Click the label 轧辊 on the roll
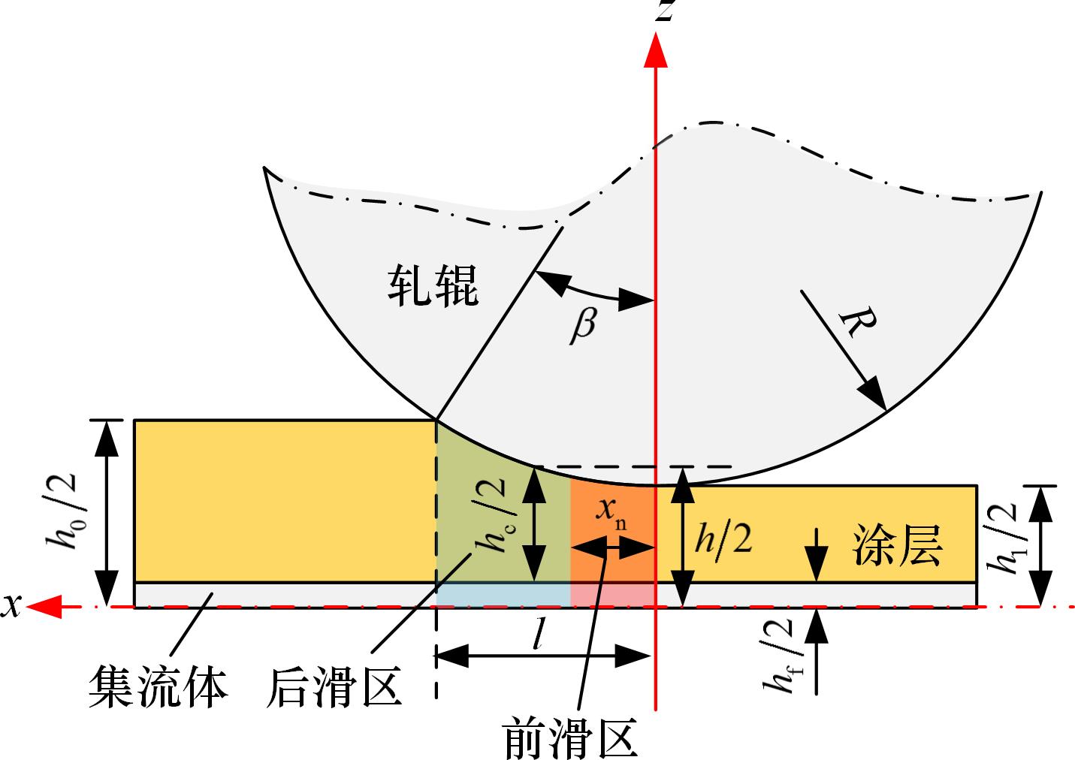(x=433, y=285)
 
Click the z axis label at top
(x=663, y=12)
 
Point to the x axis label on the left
(x=11, y=605)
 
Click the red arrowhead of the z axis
(x=657, y=51)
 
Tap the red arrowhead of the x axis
(x=47, y=606)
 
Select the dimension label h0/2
(x=74, y=514)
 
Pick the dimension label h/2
(x=723, y=538)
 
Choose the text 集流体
(x=157, y=685)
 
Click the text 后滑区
(x=334, y=686)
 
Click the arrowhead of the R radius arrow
(x=875, y=399)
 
